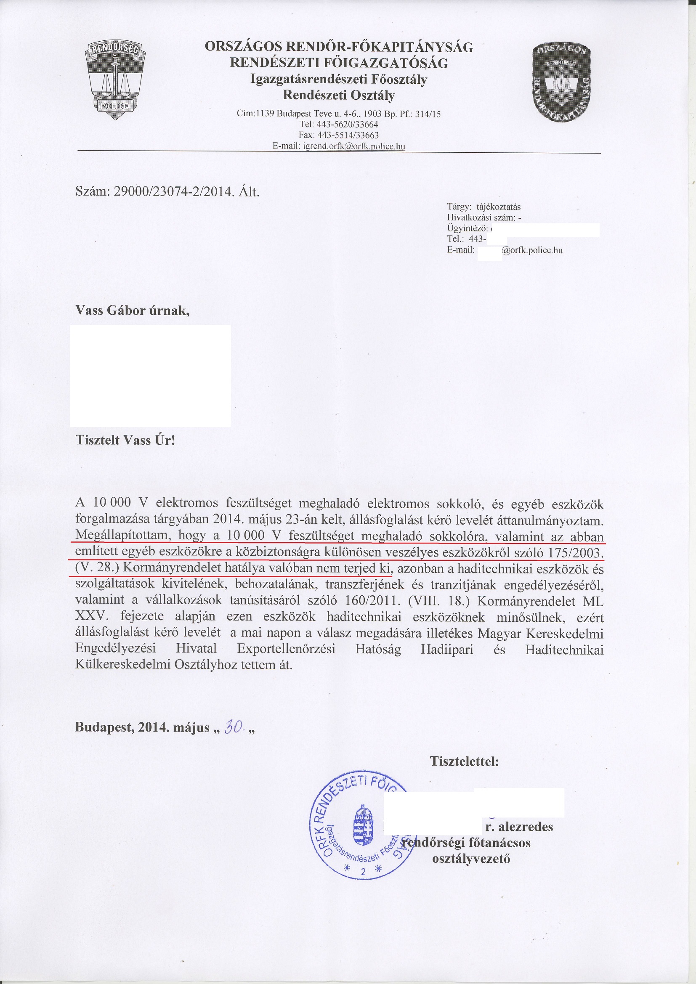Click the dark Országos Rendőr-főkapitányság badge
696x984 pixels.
[x=561, y=82]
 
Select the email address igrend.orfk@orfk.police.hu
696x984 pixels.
[x=353, y=146]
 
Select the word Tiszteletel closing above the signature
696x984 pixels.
[x=465, y=761]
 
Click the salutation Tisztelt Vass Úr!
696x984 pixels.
[x=125, y=440]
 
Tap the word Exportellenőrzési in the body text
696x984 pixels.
[x=286, y=649]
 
